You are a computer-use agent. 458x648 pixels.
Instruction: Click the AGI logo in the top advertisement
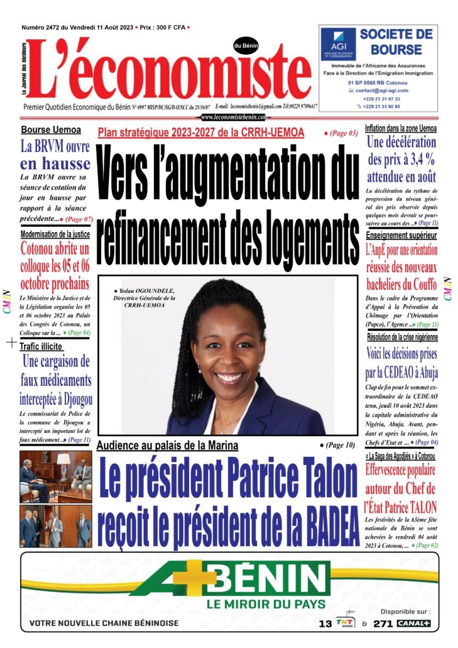pyautogui.click(x=338, y=44)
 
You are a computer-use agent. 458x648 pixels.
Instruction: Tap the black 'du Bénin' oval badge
pyautogui.click(x=246, y=46)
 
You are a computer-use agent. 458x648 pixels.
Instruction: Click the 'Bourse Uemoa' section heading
pyautogui.click(x=51, y=129)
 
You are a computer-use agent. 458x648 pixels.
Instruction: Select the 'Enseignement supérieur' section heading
pyautogui.click(x=401, y=235)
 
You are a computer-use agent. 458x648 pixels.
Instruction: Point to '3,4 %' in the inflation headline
pyautogui.click(x=415, y=159)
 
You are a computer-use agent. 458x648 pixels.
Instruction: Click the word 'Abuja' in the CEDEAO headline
pyautogui.click(x=422, y=373)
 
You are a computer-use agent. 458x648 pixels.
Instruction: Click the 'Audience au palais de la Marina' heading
pyautogui.click(x=167, y=446)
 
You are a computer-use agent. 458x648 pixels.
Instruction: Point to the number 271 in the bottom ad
pyautogui.click(x=383, y=624)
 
